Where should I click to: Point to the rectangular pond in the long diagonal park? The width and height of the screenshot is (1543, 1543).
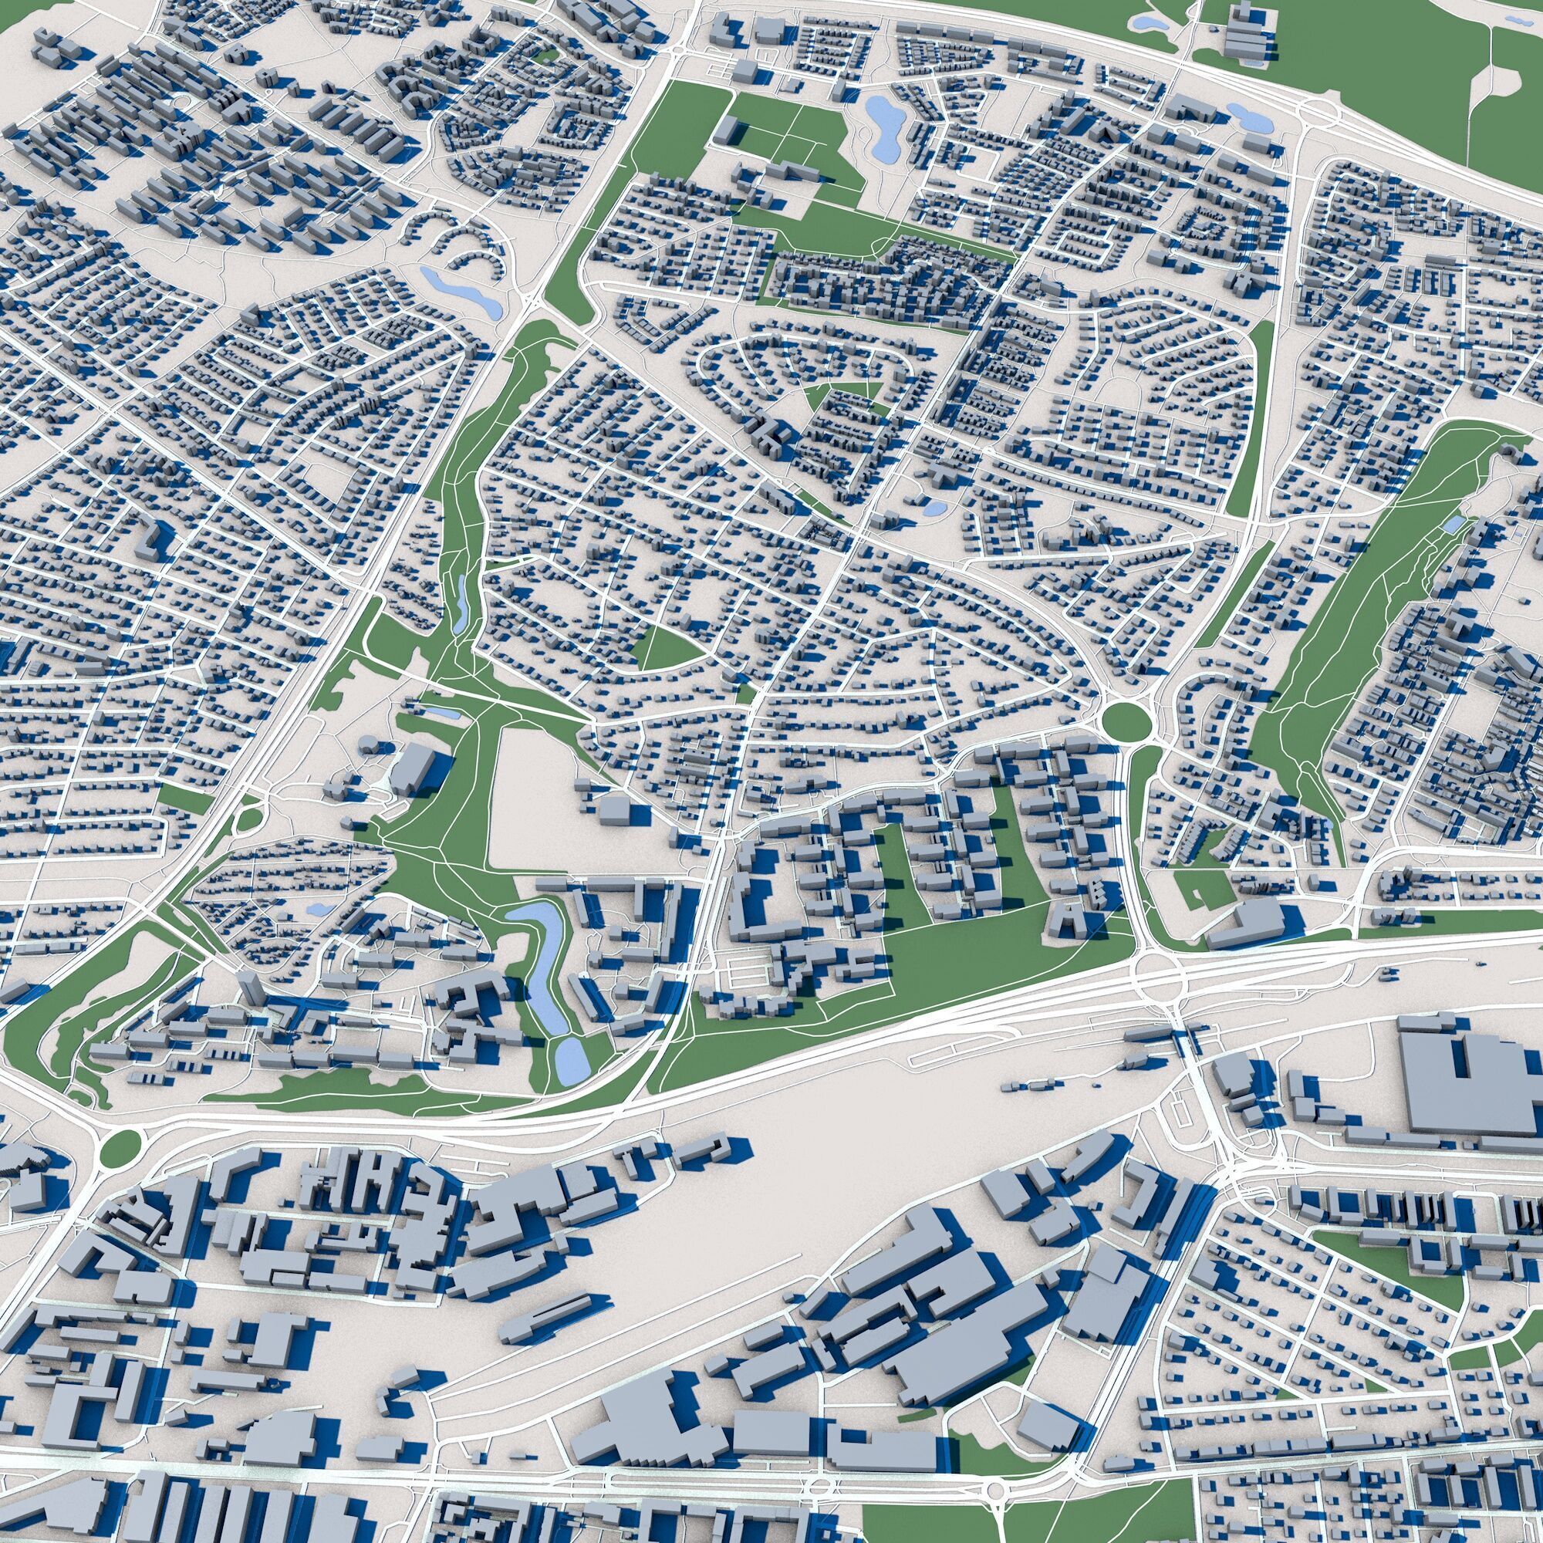[1452, 524]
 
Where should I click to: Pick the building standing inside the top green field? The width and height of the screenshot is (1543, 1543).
[727, 130]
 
